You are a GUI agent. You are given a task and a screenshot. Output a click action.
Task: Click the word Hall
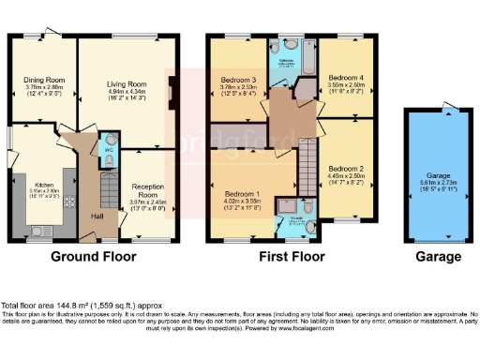(x=97, y=217)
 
